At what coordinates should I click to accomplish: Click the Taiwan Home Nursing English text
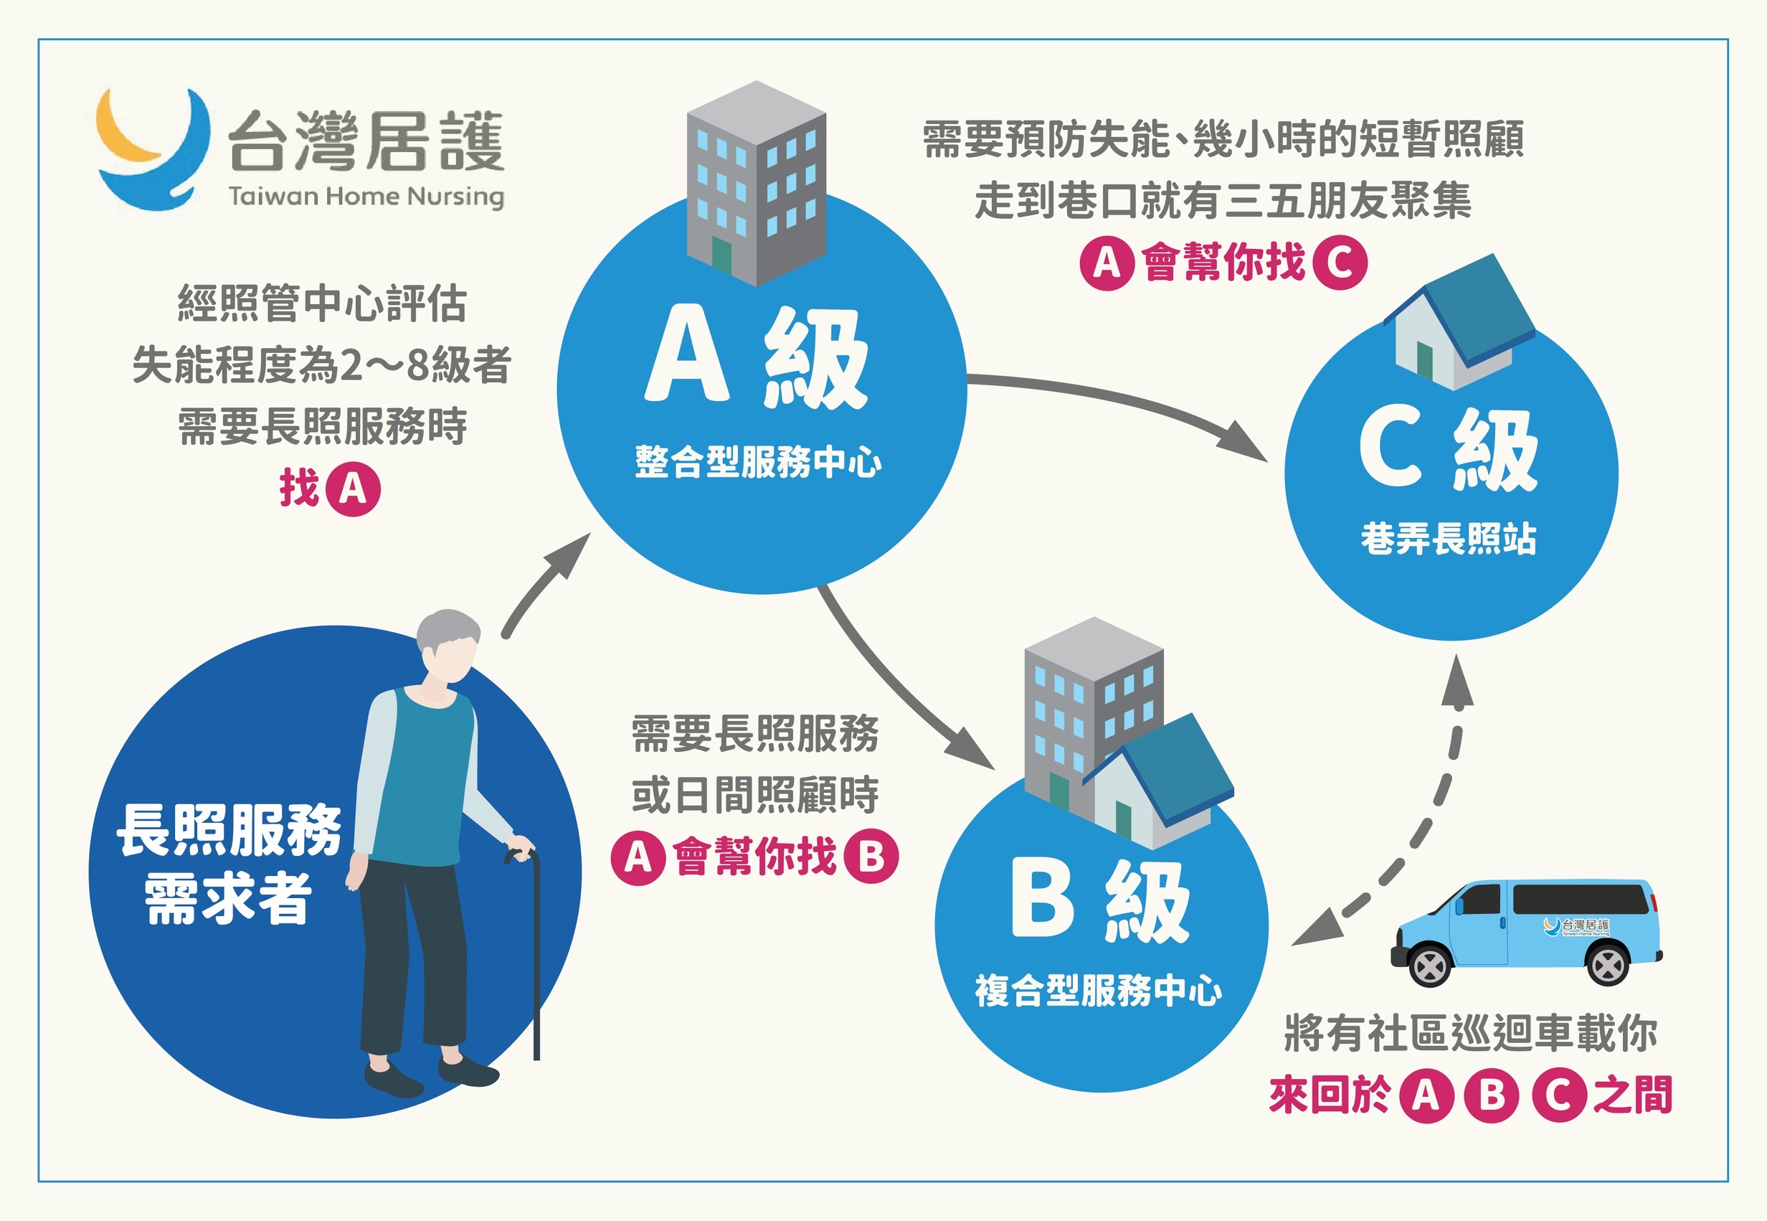pyautogui.click(x=366, y=196)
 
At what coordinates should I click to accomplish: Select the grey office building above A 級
pyautogui.click(x=755, y=184)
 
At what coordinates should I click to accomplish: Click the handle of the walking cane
pyautogui.click(x=521, y=854)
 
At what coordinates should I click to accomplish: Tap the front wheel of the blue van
pyautogui.click(x=1429, y=966)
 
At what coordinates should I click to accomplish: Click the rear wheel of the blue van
pyautogui.click(x=1607, y=965)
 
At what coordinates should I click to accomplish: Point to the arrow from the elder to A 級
pyautogui.click(x=544, y=585)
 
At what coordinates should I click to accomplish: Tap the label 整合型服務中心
pyautogui.click(x=758, y=462)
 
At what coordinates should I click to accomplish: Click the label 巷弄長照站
pyautogui.click(x=1448, y=539)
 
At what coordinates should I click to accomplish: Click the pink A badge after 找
pyautogui.click(x=353, y=488)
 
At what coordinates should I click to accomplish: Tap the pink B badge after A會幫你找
pyautogui.click(x=871, y=857)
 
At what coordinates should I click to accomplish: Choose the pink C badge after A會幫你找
pyautogui.click(x=1340, y=263)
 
